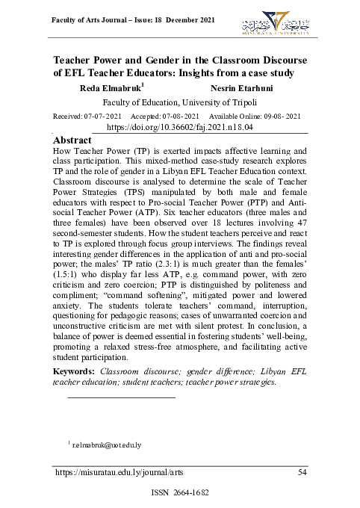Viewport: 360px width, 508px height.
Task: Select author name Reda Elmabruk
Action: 111,88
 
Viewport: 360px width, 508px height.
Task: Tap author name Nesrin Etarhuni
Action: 241,89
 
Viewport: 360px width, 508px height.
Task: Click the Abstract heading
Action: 73,140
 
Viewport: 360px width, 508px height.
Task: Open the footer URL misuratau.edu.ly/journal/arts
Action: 118,472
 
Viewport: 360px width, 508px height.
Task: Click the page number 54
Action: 302,472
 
